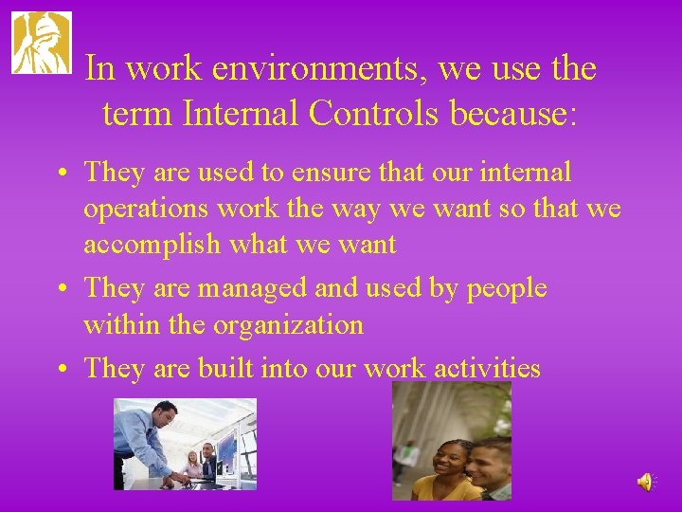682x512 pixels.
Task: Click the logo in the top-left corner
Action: tap(41, 43)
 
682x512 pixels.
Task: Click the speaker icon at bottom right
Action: tap(644, 483)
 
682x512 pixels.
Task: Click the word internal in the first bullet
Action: tap(528, 172)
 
